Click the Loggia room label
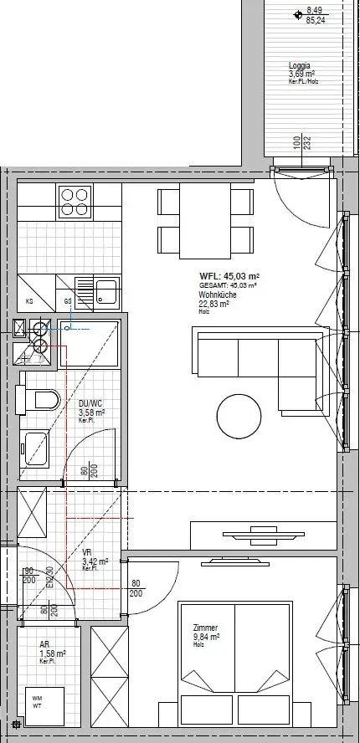click(300, 65)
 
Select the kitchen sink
click(106, 292)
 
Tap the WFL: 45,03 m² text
click(229, 276)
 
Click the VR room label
click(87, 552)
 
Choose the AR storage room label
click(44, 645)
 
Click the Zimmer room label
click(205, 628)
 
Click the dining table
click(206, 223)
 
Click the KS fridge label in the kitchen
click(30, 301)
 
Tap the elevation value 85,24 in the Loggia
click(316, 22)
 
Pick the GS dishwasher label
click(68, 301)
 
